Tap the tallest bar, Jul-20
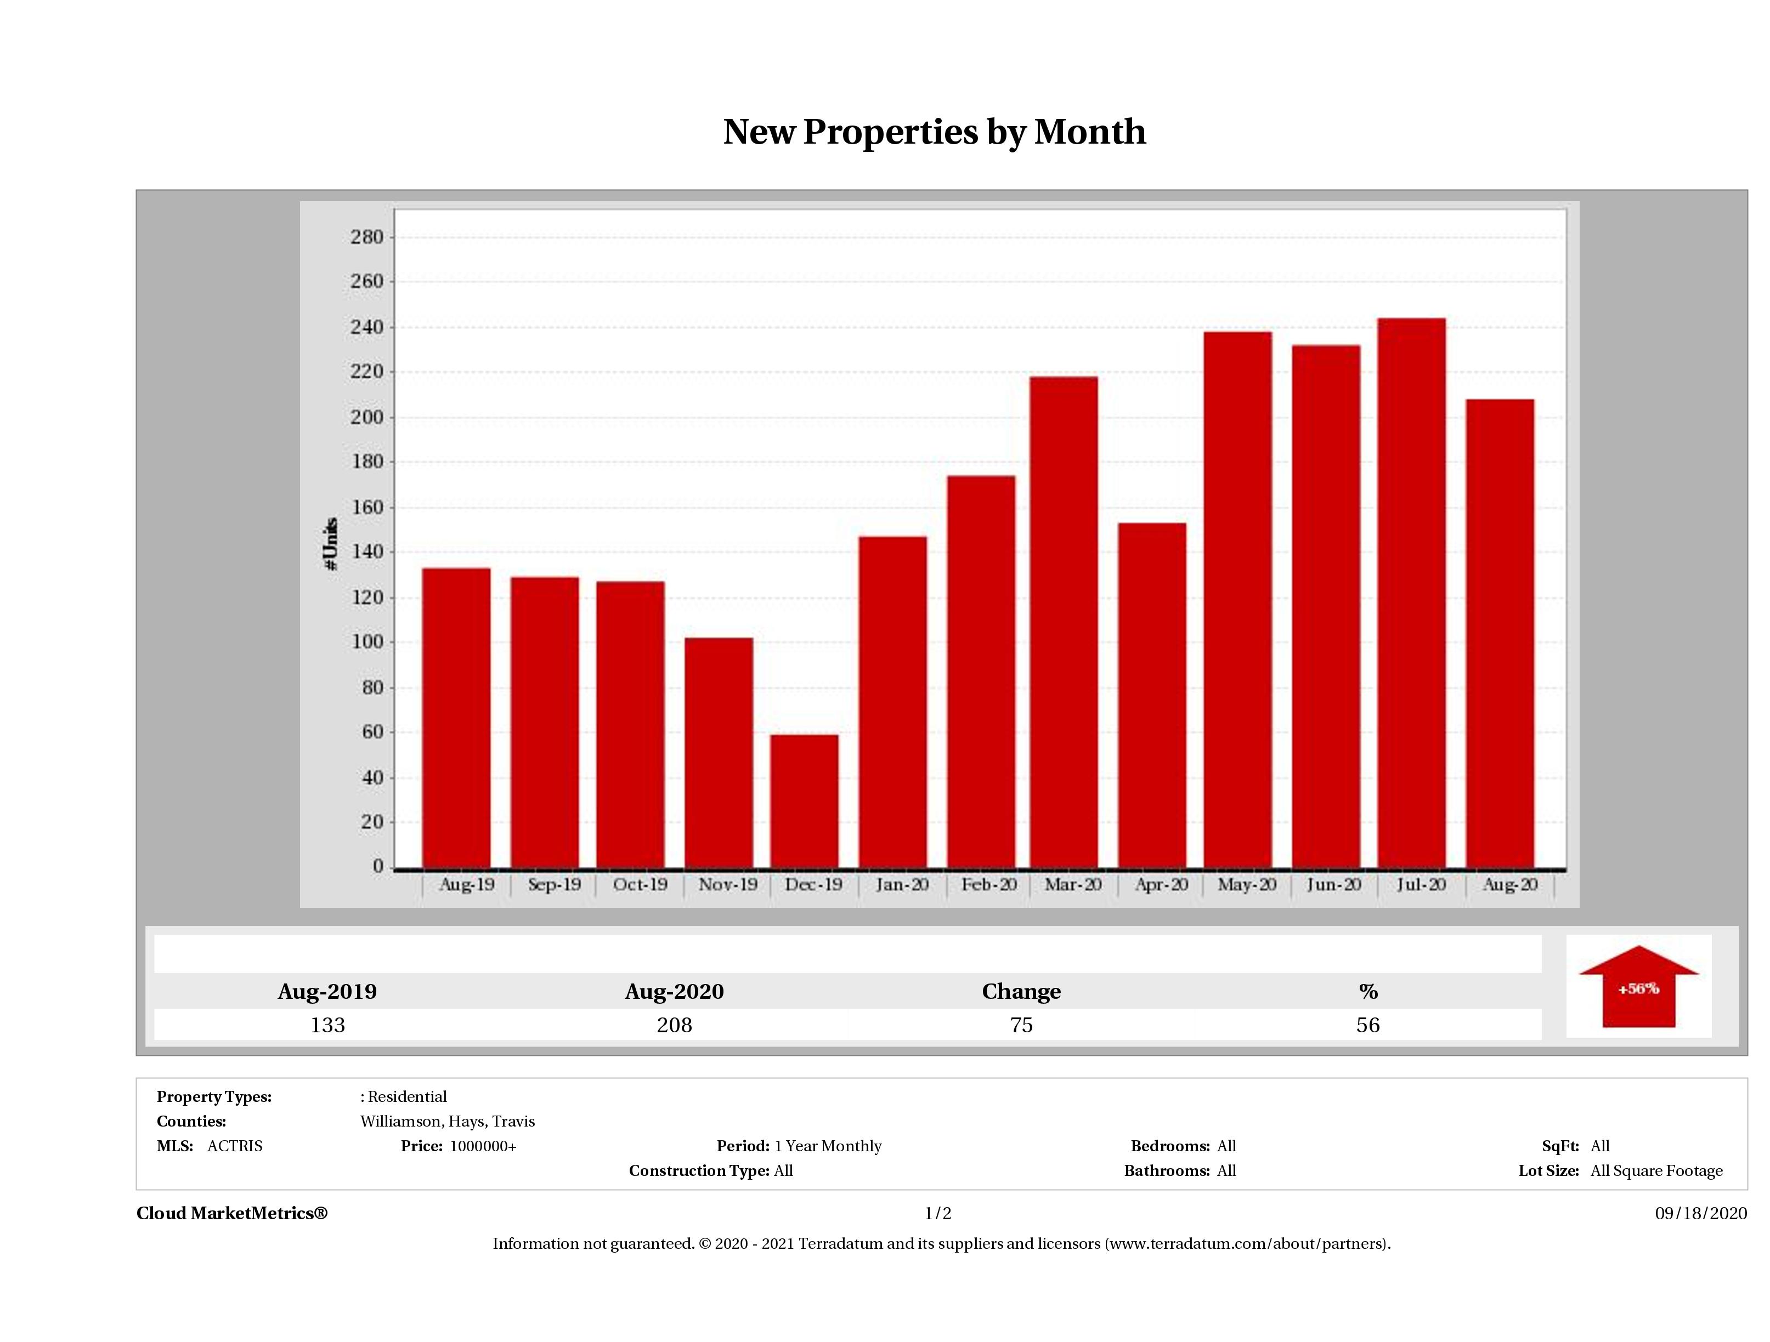coord(1411,592)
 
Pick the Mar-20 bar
coord(1064,622)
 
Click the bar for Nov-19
coord(719,752)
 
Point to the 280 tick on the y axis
coord(367,237)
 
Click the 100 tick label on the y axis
coord(367,642)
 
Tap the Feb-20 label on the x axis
coord(989,885)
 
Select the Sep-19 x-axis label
coord(555,885)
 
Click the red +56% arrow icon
coord(1638,987)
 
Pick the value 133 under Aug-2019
coord(327,1025)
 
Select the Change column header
coord(1021,992)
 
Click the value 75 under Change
coord(1021,1025)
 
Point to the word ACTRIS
coord(234,1146)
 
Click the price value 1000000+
coord(483,1146)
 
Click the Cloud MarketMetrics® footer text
coord(232,1213)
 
